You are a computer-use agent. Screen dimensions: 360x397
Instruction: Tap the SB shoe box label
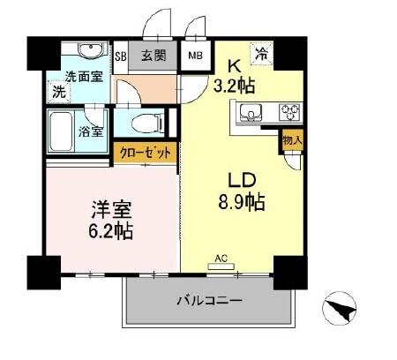[x=123, y=56]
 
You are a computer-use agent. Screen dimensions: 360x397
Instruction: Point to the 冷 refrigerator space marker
[x=262, y=54]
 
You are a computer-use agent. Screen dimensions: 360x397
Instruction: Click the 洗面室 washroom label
[x=82, y=76]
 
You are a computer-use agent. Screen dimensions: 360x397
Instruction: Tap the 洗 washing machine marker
[x=58, y=91]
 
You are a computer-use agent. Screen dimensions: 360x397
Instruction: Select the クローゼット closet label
[x=148, y=154]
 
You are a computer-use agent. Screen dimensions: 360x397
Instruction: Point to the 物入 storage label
[x=292, y=139]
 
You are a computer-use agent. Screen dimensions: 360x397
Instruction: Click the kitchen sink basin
[x=250, y=112]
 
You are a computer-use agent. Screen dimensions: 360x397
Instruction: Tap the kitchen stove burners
[x=288, y=112]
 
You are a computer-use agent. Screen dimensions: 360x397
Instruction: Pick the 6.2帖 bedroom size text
[x=109, y=231]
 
